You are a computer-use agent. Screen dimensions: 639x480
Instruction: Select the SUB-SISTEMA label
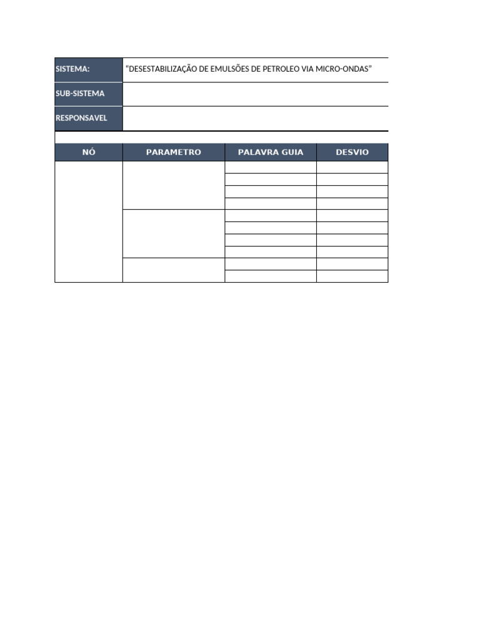click(x=80, y=94)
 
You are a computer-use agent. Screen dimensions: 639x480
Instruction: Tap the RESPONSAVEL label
click(x=81, y=118)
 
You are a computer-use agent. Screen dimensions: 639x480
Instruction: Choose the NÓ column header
click(x=89, y=152)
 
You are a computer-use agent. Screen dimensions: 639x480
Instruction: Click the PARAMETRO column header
click(x=173, y=152)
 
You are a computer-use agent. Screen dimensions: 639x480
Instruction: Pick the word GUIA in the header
click(x=289, y=152)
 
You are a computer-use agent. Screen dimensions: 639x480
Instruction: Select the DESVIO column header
click(x=352, y=152)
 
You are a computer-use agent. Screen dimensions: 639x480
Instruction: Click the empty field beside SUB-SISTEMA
click(x=255, y=94)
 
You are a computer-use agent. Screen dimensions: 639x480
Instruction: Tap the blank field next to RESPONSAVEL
click(x=255, y=118)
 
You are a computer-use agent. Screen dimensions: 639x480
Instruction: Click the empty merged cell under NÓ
click(x=89, y=222)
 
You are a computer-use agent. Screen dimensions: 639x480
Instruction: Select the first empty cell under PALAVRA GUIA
click(x=270, y=167)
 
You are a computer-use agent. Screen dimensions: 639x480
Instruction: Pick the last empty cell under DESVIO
click(x=352, y=276)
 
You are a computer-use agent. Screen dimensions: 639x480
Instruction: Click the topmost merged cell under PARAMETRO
click(x=173, y=185)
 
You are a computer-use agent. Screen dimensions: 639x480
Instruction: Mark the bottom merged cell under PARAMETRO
click(x=173, y=270)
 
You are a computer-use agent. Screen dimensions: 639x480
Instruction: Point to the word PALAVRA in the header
click(x=257, y=152)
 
